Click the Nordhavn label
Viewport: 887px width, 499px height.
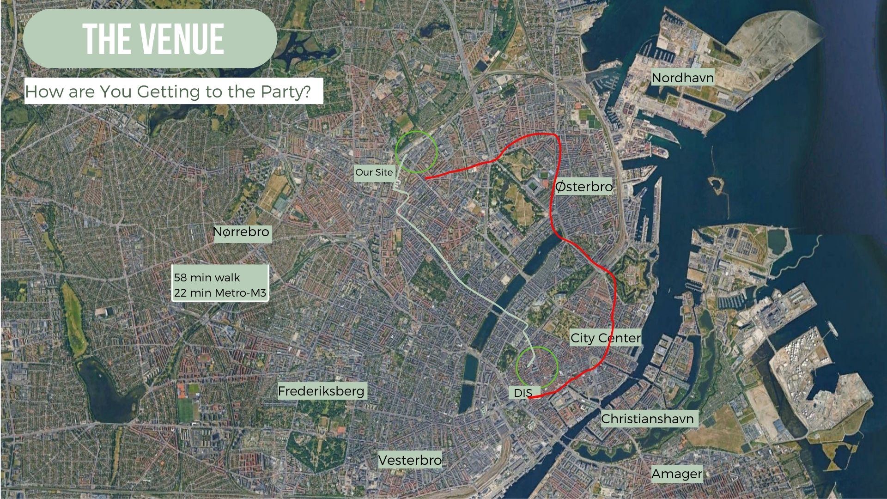[x=682, y=77]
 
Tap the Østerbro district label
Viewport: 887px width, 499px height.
[x=583, y=187]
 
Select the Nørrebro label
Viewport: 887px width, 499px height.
[x=241, y=232]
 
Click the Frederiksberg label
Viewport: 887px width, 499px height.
[x=321, y=391]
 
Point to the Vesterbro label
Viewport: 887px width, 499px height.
[x=410, y=460]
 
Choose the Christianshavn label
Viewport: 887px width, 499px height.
[x=647, y=419]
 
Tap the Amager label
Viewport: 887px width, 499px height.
[x=677, y=474]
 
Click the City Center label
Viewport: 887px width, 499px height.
[x=605, y=338]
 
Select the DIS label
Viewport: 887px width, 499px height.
[x=523, y=393]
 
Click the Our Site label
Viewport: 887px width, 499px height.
[x=374, y=172]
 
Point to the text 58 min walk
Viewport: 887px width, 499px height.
[x=207, y=278]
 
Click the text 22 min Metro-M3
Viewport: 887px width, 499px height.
[x=220, y=292]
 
